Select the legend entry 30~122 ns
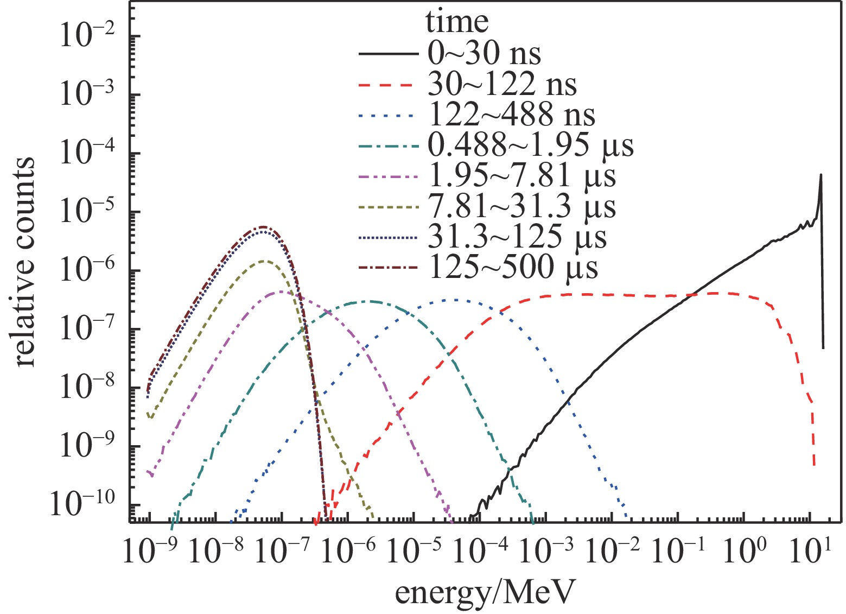502,85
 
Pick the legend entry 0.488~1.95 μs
530,146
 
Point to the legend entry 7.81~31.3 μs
521,207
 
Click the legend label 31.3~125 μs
517,237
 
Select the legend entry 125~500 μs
512,268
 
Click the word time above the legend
457,23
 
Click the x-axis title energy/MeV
484,593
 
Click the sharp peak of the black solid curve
820,175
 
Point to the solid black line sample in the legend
389,54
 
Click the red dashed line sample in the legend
389,85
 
